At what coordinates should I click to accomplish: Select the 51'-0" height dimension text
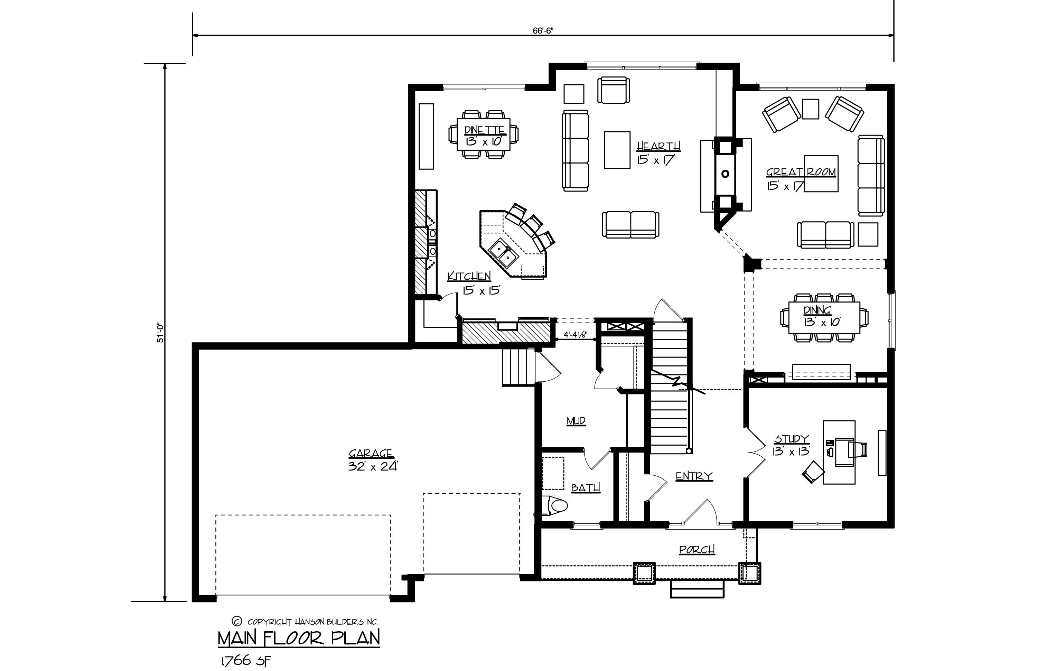coord(160,333)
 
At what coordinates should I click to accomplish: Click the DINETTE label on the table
coord(485,130)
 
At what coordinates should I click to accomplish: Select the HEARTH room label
coord(658,146)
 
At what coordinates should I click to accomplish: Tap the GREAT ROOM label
coord(801,172)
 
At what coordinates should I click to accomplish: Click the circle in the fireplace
coord(725,174)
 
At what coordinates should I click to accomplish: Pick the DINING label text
coord(818,310)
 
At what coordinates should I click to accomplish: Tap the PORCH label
coord(697,550)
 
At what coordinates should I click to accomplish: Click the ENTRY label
coord(694,476)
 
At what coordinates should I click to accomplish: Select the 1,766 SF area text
coord(246,661)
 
